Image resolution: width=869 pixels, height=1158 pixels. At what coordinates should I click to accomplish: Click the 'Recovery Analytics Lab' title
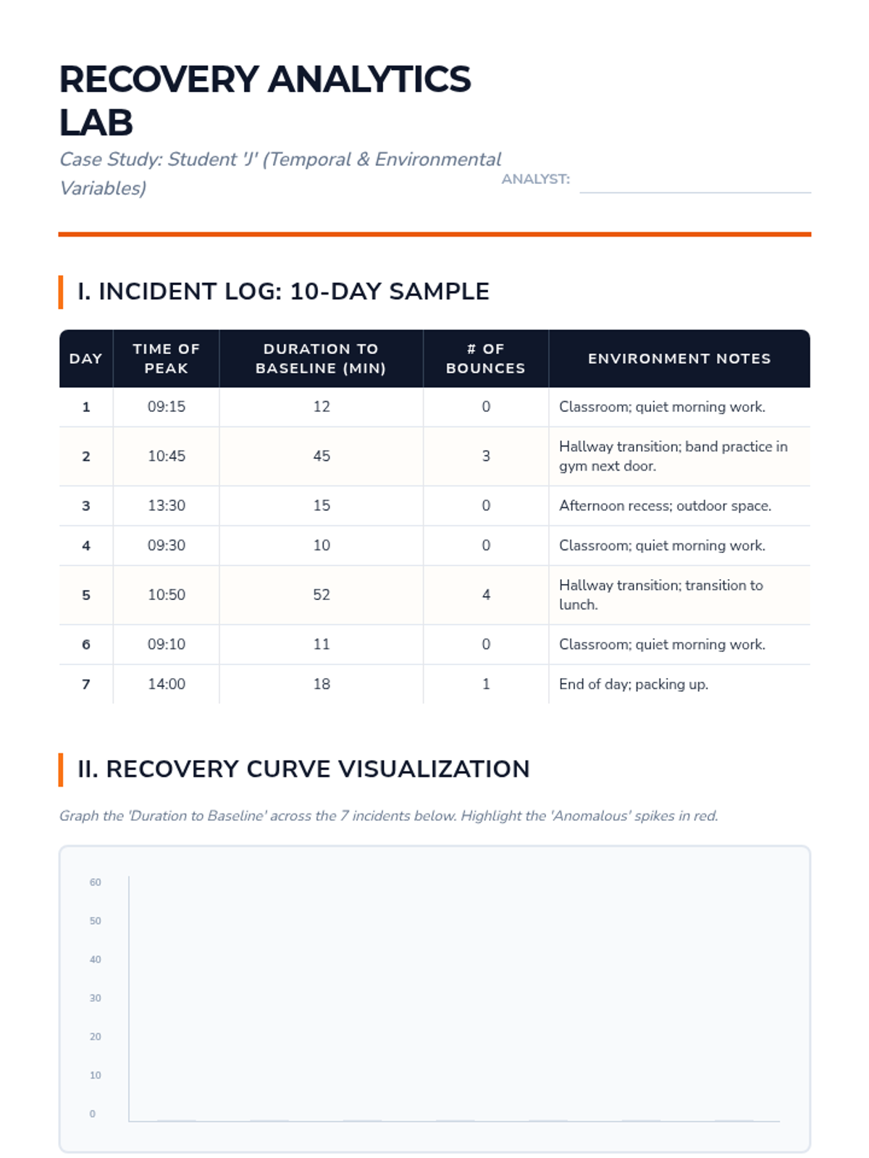click(265, 100)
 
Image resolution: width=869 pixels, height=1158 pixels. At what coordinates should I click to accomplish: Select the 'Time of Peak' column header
click(166, 358)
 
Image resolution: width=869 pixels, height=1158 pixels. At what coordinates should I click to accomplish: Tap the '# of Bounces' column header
click(485, 358)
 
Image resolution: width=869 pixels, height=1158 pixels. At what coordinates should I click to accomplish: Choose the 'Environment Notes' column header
click(679, 358)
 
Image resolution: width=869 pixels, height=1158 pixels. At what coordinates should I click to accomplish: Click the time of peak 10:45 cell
click(166, 456)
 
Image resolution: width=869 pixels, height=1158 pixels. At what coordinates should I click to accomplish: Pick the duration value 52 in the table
click(321, 595)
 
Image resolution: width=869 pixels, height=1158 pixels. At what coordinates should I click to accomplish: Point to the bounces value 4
click(486, 595)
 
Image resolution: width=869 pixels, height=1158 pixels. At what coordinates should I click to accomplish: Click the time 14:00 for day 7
click(166, 684)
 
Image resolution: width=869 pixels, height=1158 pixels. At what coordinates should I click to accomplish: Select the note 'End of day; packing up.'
click(633, 684)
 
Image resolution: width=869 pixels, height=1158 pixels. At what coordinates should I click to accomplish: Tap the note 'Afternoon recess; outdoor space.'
click(665, 506)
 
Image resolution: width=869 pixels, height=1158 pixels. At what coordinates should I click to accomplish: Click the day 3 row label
click(86, 506)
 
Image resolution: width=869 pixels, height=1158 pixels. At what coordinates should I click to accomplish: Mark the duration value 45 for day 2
click(321, 456)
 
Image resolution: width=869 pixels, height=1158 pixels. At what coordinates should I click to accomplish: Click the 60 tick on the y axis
click(96, 882)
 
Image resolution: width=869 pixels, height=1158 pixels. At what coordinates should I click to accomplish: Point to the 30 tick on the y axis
click(96, 998)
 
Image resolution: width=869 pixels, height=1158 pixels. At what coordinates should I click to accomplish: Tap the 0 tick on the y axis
click(93, 1114)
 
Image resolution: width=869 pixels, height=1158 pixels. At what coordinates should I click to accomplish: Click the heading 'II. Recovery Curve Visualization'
click(303, 769)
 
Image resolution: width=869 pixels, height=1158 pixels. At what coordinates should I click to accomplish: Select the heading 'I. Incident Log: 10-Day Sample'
click(283, 292)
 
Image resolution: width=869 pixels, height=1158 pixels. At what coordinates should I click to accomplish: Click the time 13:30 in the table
click(166, 506)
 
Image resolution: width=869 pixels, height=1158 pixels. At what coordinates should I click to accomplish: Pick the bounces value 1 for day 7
click(486, 684)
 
